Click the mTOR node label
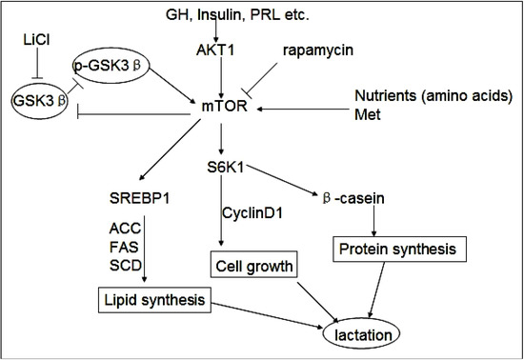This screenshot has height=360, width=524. pos(221,110)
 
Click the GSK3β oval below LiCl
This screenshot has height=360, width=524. pos(36,97)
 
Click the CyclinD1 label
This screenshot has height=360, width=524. pos(253,210)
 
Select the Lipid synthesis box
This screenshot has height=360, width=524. pos(153,301)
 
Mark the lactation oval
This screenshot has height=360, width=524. pos(363,334)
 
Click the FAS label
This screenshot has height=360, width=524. pos(124,247)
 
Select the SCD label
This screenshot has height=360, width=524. pos(124,264)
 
